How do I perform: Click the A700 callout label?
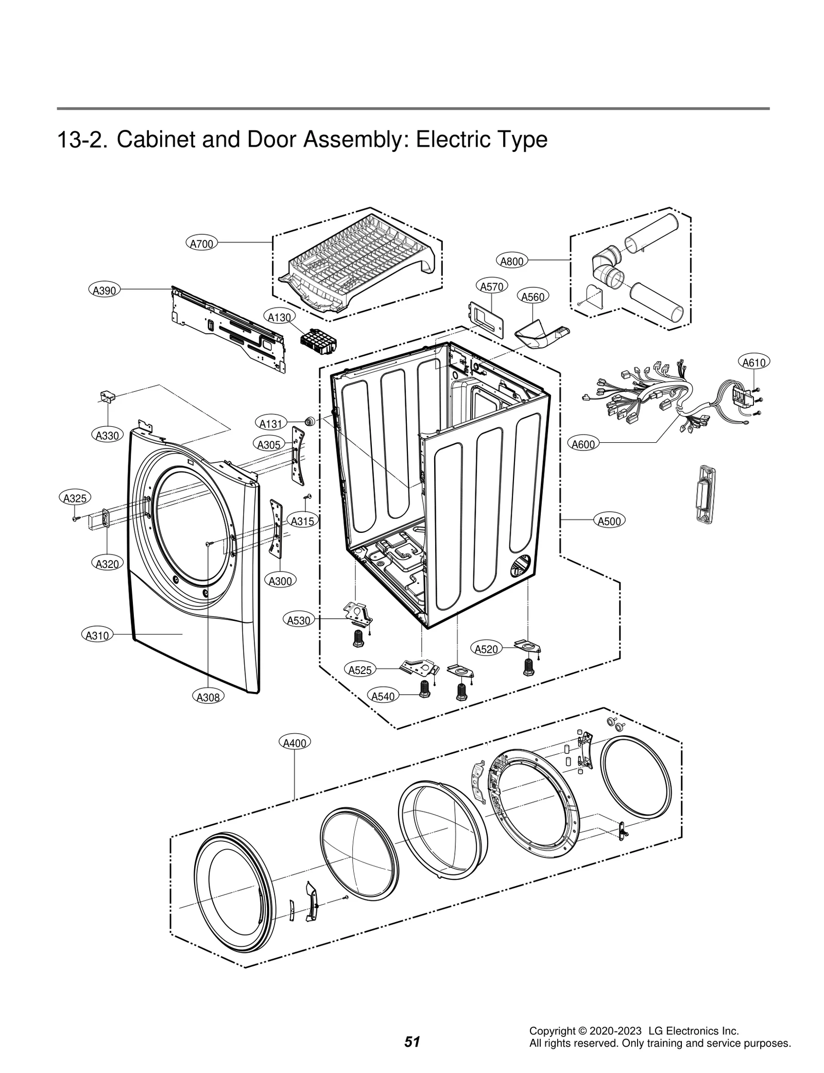pos(201,244)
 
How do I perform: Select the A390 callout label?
pos(104,290)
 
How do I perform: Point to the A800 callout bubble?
pos(512,261)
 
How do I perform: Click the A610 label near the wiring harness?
pos(754,362)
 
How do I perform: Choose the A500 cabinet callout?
pos(609,521)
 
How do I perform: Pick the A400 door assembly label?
pos(295,743)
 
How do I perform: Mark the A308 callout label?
pos(209,697)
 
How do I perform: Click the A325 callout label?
pos(74,498)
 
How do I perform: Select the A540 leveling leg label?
pos(383,697)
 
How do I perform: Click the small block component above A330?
pos(107,395)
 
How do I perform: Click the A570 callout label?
pos(491,287)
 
